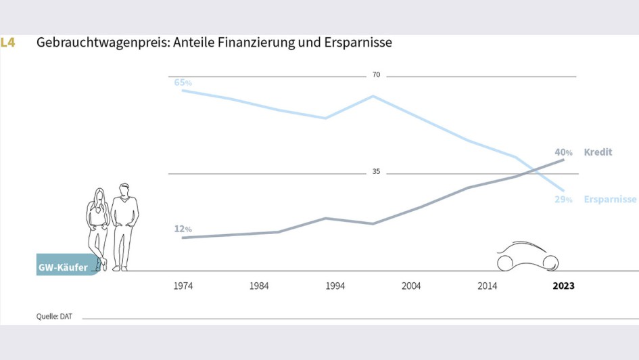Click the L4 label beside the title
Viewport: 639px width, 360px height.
click(8, 43)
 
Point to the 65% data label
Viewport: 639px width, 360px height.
click(183, 83)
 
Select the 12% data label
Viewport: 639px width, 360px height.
click(183, 229)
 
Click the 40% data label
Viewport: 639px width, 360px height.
click(563, 152)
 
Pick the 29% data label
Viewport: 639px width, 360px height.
click(563, 200)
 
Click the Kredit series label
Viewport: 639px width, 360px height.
click(598, 152)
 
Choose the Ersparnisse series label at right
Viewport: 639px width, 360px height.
click(610, 200)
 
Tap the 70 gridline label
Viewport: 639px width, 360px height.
click(376, 75)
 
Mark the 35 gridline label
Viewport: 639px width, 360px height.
click(376, 172)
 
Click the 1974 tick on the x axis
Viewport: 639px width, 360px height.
click(183, 286)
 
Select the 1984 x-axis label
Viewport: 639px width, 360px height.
click(259, 286)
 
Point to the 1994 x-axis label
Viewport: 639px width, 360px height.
click(335, 286)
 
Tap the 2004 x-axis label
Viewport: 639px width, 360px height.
click(411, 286)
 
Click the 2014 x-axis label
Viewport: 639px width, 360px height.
click(487, 286)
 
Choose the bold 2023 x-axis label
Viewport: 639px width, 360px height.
click(563, 286)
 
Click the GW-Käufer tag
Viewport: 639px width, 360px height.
click(64, 268)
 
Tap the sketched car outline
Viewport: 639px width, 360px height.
click(527, 257)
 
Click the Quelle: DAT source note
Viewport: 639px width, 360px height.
click(54, 316)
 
